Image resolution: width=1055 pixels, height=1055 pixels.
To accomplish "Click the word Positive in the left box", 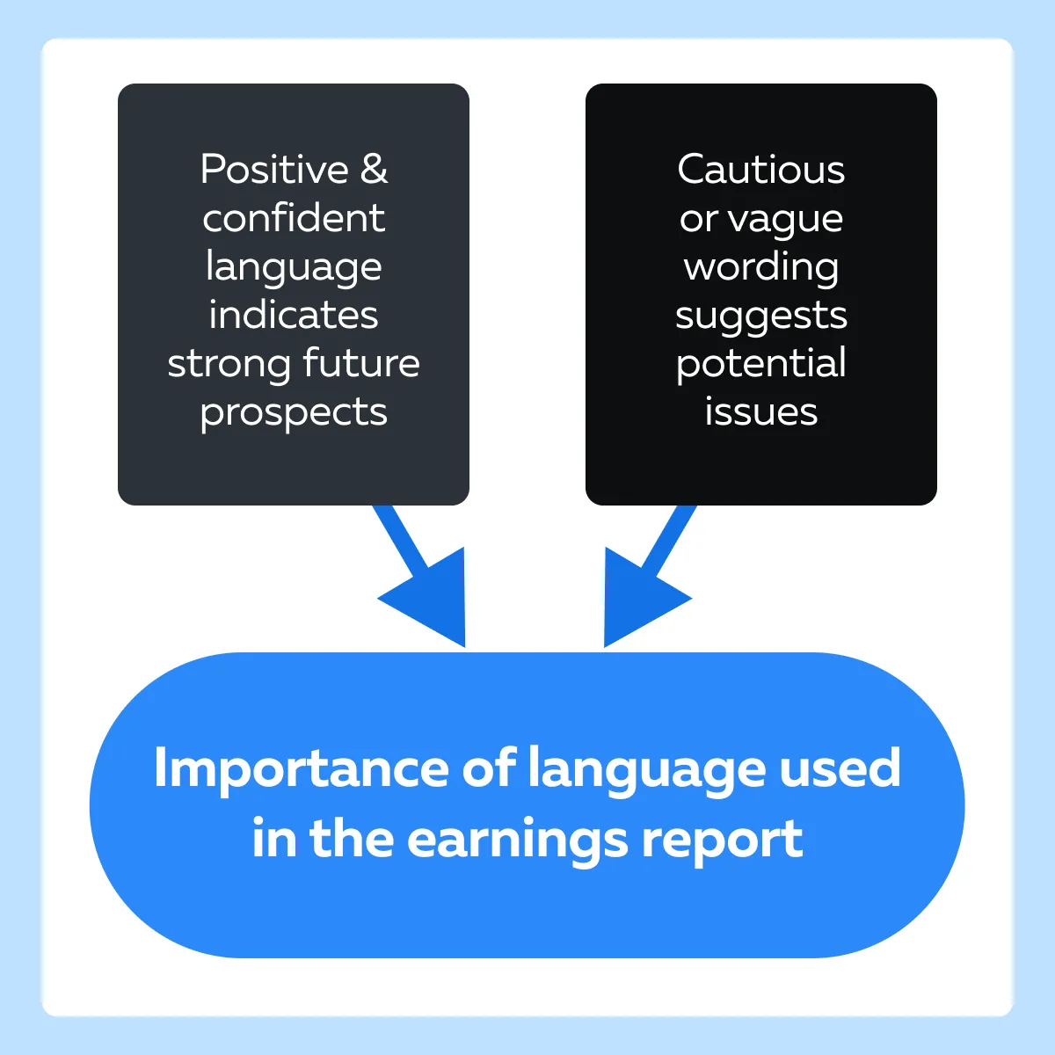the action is (274, 169).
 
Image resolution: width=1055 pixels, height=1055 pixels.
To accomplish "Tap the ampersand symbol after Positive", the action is (374, 169).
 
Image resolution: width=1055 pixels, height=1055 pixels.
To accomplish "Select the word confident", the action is (294, 217).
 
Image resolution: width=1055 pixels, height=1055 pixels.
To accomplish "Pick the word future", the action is (361, 362).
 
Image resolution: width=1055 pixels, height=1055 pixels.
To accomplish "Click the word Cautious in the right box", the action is (761, 169).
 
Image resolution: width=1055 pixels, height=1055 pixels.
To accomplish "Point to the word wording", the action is (761, 268).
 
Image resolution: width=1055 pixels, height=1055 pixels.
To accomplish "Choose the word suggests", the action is (761, 317).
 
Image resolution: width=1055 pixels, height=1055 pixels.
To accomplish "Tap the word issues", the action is (761, 411).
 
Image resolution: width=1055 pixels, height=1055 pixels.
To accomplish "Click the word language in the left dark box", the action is (294, 268).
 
